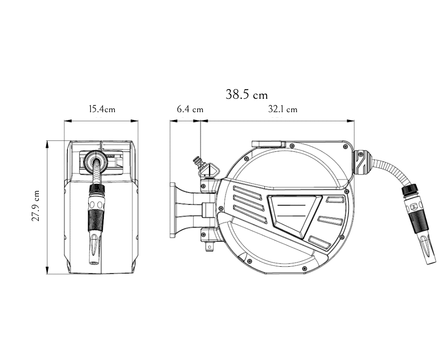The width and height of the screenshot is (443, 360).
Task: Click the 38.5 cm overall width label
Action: (246, 94)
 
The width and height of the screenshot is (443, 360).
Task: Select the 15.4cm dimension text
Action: (102, 109)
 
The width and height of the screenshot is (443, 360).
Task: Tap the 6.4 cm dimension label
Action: (190, 109)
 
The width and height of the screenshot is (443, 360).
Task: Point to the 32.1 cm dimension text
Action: (282, 109)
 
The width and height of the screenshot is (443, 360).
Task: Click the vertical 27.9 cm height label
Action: (36, 205)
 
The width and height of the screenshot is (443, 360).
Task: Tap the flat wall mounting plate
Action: (173, 210)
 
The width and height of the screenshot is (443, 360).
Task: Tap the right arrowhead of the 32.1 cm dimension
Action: (351, 121)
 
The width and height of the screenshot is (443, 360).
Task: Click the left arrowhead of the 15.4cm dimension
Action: (68, 121)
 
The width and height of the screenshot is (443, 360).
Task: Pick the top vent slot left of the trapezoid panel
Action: (247, 193)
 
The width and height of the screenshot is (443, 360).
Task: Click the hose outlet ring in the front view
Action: (96, 160)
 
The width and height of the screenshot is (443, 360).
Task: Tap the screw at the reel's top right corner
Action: (345, 146)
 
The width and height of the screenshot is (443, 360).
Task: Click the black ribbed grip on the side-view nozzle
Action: (419, 221)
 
